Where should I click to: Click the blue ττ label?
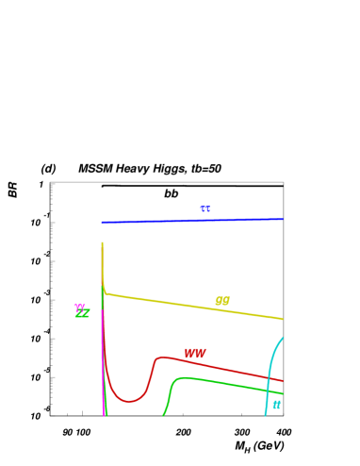point(205,209)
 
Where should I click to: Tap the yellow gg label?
point(222,301)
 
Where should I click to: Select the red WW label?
point(195,353)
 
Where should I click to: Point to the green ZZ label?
point(83,313)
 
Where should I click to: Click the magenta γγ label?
point(80,306)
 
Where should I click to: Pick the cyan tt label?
point(276,405)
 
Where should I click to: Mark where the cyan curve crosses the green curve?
point(268,390)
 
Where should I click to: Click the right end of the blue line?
point(283,219)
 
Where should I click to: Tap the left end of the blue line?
point(102,223)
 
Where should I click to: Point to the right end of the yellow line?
point(283,319)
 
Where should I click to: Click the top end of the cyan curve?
point(282,338)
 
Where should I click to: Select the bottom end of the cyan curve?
point(266,415)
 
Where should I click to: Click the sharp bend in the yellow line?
point(105,292)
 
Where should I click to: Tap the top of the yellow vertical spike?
point(102,243)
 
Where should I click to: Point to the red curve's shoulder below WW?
point(160,357)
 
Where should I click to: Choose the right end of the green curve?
point(283,393)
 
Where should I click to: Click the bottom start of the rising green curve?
point(163,415)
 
